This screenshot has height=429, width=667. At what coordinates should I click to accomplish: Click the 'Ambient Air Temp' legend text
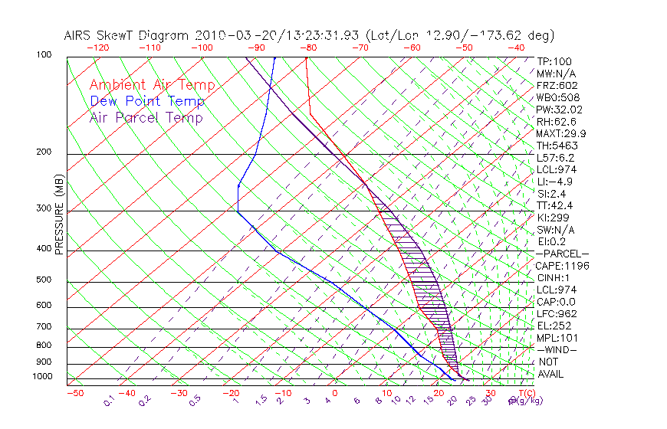point(153,85)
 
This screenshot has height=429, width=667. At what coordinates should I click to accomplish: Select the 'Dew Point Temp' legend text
point(147,101)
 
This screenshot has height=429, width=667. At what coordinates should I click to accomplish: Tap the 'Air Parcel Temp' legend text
point(146,117)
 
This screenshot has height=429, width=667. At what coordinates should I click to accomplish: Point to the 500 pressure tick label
point(44,280)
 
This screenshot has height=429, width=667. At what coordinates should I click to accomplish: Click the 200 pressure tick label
point(44,152)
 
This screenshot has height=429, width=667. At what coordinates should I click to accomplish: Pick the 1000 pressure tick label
point(42,377)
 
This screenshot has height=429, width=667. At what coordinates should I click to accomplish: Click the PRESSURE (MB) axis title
point(59,217)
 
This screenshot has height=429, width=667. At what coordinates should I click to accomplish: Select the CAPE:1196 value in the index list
point(559,266)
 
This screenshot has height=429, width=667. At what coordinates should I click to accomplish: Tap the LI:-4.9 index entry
point(554,182)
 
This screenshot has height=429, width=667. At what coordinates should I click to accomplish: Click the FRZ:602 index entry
point(557,85)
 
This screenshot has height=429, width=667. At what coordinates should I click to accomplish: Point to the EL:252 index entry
point(552,326)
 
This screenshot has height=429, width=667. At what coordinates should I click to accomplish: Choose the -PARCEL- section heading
point(562,254)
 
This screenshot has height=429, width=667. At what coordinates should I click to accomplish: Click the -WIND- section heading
point(557,349)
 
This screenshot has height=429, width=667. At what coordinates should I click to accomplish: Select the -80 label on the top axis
point(308,47)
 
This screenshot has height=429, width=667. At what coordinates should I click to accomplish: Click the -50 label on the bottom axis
point(74,393)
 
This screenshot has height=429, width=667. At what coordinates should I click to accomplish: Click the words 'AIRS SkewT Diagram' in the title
point(127,35)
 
